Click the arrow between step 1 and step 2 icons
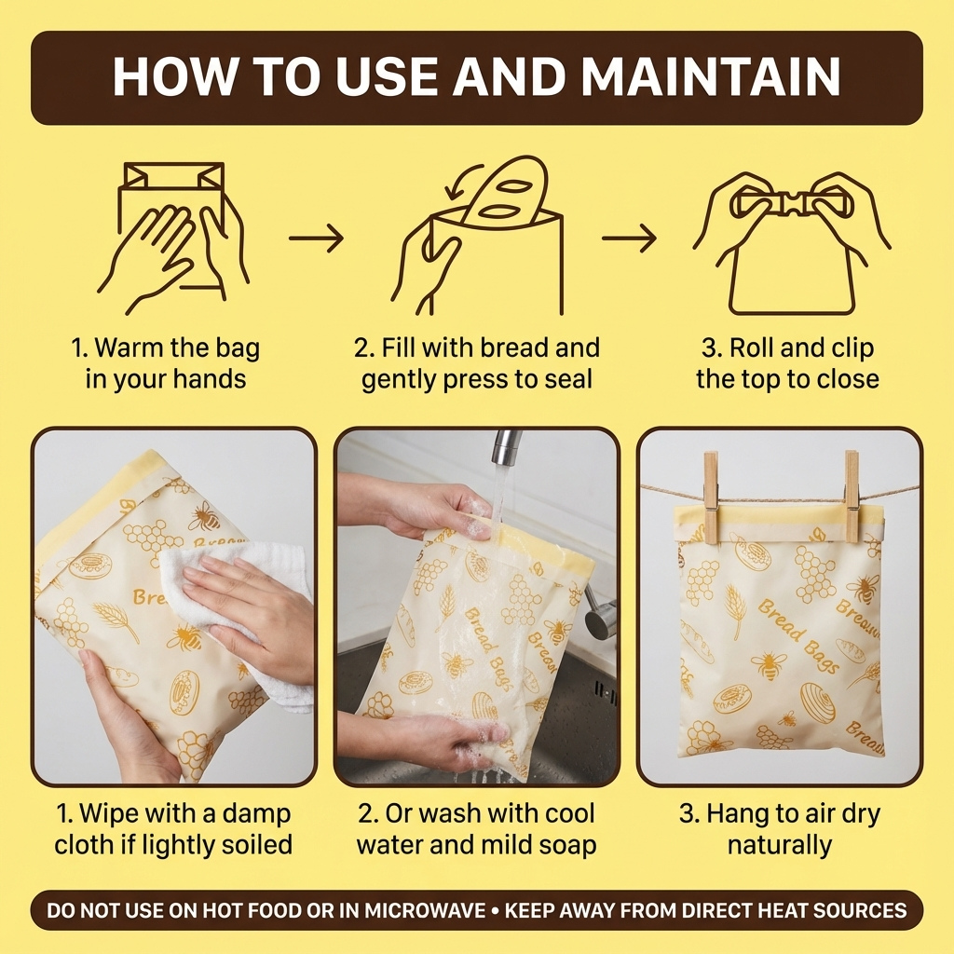(316, 238)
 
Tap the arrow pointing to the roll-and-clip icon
(629, 238)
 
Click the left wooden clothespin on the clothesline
(712, 497)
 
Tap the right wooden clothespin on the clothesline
(852, 496)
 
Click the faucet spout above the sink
(505, 447)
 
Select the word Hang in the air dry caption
(739, 813)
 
